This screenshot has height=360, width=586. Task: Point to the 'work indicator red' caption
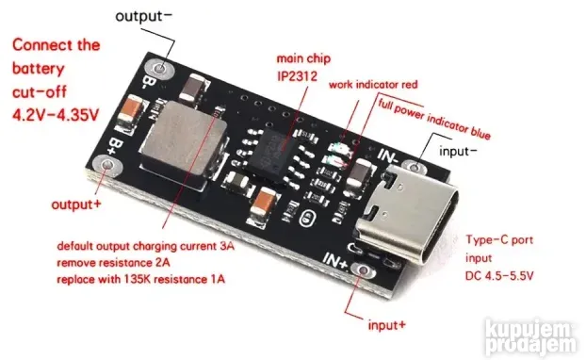point(372,83)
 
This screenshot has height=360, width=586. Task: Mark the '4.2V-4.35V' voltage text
point(55,114)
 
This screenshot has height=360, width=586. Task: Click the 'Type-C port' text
point(498,241)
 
